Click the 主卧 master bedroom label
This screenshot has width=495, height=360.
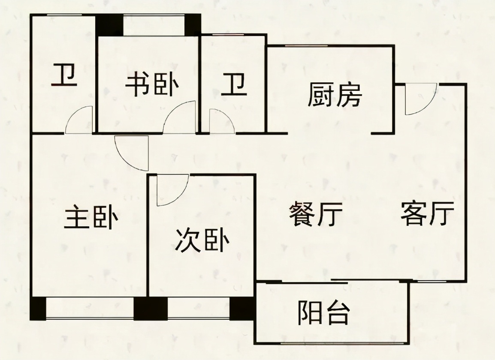click(91, 217)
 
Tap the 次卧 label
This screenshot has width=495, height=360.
click(202, 240)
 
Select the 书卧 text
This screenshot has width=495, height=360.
click(152, 84)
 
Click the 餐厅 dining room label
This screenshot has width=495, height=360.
click(316, 214)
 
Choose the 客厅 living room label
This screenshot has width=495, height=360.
click(428, 213)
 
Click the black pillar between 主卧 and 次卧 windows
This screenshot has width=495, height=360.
click(151, 309)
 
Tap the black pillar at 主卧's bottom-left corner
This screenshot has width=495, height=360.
click(38, 309)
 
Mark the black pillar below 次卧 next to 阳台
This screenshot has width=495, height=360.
click(242, 309)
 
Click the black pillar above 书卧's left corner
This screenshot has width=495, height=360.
click(109, 26)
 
